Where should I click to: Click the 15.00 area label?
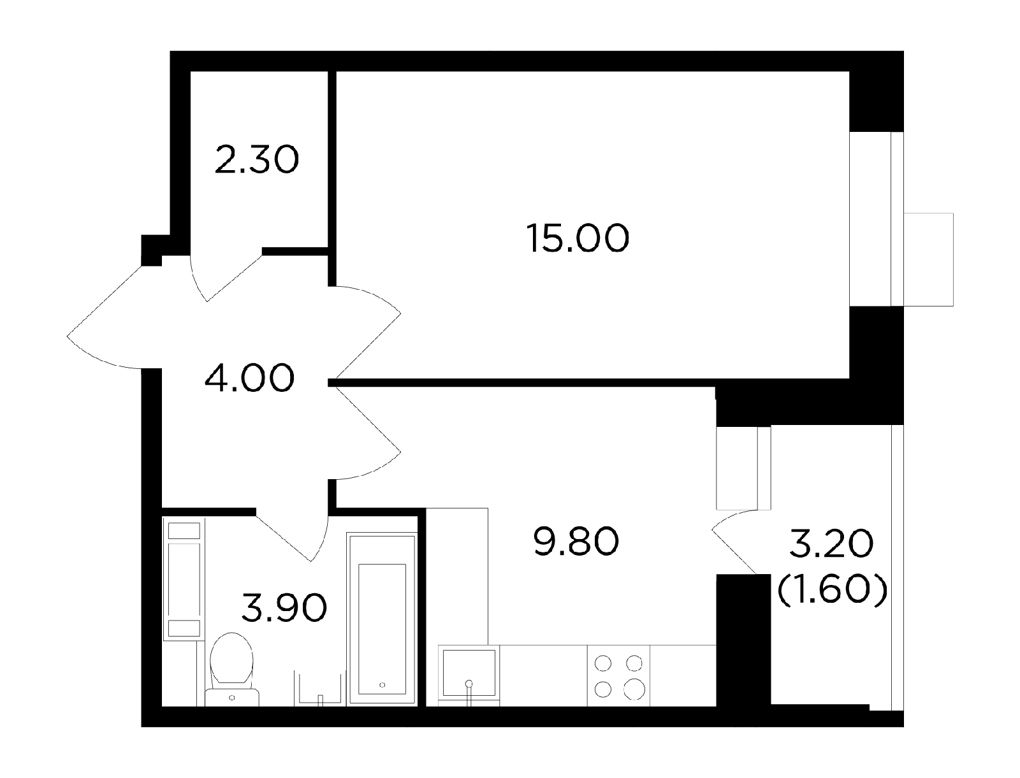[578, 238]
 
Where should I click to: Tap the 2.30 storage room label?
[256, 159]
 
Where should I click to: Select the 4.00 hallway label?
[249, 378]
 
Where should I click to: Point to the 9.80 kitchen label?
[576, 542]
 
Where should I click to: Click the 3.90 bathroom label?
[284, 608]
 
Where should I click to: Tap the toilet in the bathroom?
[232, 669]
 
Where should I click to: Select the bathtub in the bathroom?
[381, 619]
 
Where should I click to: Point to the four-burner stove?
[618, 675]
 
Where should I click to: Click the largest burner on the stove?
[634, 689]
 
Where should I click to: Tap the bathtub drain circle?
[382, 684]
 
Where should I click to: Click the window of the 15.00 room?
[877, 219]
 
